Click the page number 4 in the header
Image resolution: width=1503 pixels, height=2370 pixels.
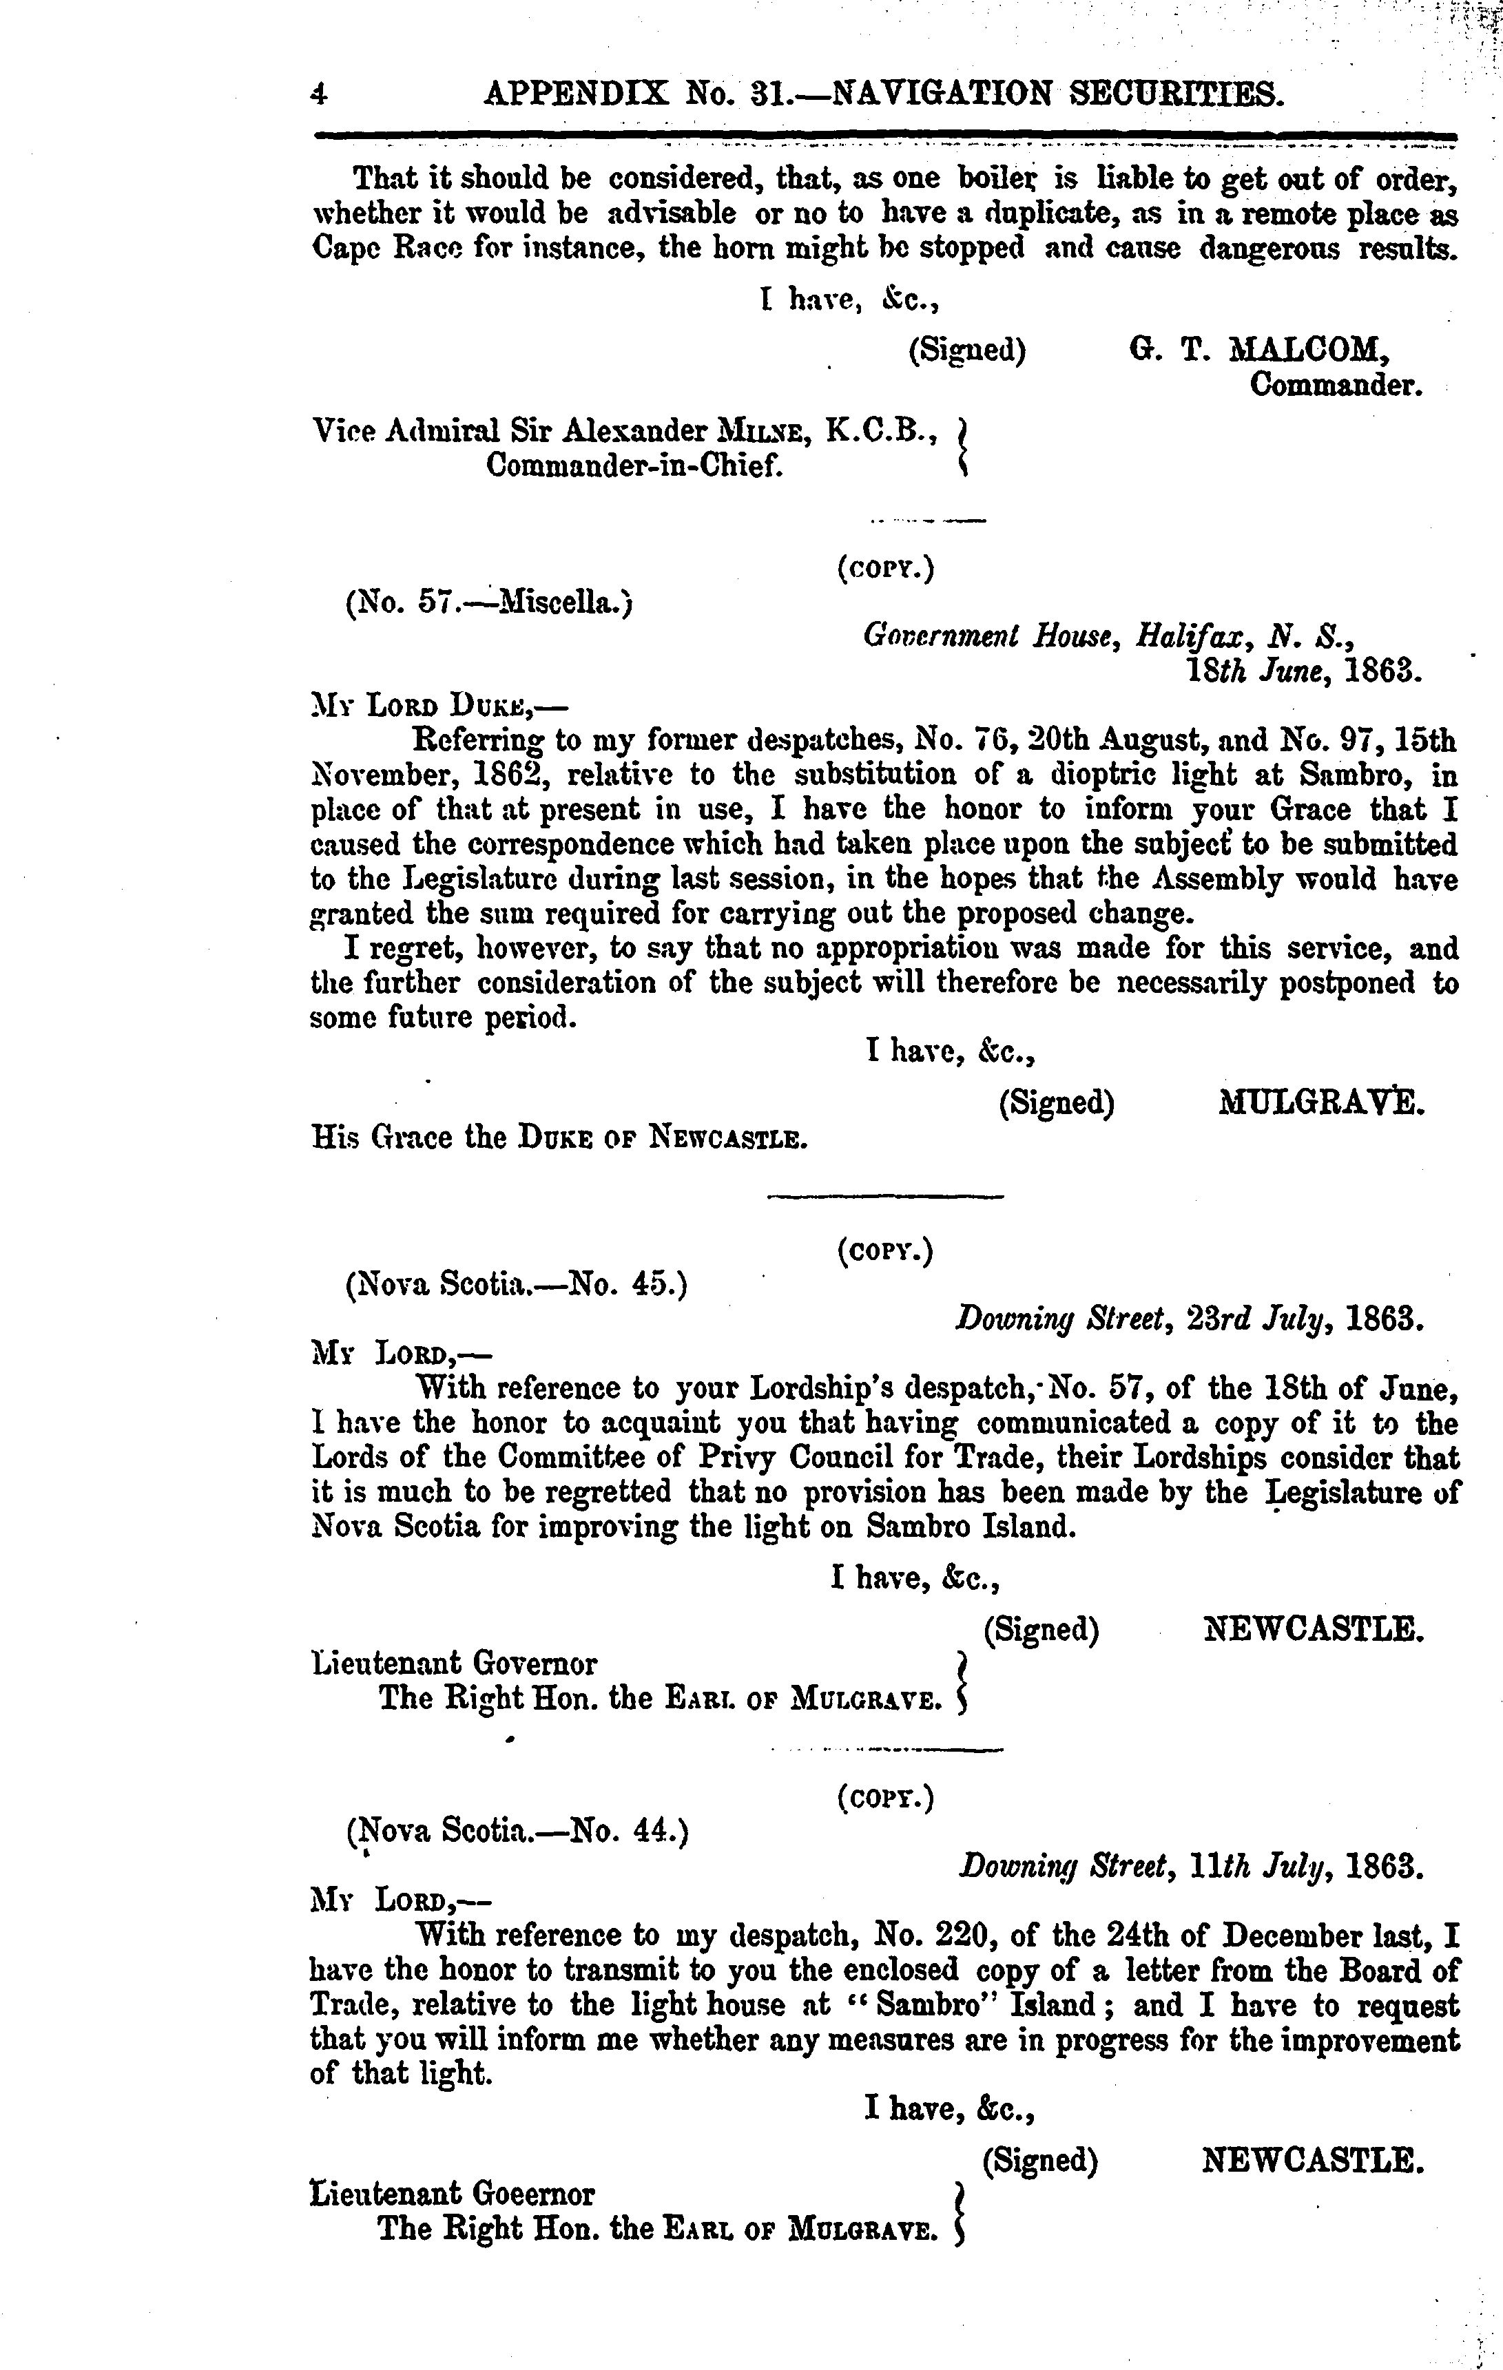click(x=318, y=94)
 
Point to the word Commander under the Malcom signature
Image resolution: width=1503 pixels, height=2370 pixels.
click(x=1336, y=385)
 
